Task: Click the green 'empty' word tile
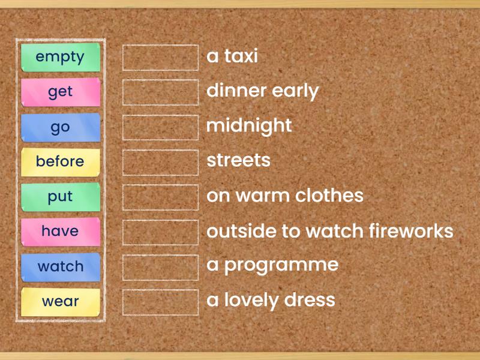(61, 57)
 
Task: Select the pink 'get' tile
(61, 92)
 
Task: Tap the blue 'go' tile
(61, 127)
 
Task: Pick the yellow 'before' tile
(61, 162)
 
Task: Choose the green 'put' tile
(61, 197)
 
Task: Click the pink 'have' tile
(61, 232)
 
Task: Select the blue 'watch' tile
(61, 267)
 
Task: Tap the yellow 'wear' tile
(61, 302)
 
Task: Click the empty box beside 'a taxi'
(160, 58)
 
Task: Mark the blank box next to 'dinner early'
(160, 92)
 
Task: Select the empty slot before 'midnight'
(160, 127)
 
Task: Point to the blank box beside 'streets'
(160, 163)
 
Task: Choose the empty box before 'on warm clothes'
(160, 197)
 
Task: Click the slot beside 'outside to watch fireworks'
(160, 232)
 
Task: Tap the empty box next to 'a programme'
(160, 268)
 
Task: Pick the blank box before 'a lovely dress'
(160, 302)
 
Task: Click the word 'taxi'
(241, 56)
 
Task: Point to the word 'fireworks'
(411, 230)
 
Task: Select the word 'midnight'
(249, 126)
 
